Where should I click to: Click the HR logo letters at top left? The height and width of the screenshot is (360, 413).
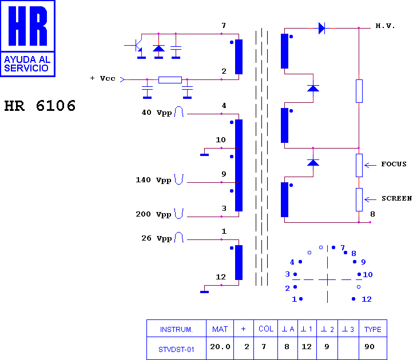point(27,26)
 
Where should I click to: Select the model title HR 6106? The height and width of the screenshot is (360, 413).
point(40,106)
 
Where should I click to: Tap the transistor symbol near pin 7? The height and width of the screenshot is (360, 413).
point(137,45)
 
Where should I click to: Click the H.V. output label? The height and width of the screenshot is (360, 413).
point(385,26)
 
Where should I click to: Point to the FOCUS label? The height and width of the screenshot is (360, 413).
point(394,164)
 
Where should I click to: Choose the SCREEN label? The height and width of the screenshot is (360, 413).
point(396,198)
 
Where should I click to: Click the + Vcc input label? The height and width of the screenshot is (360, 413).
point(103,78)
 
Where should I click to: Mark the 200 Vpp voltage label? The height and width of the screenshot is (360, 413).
point(153,214)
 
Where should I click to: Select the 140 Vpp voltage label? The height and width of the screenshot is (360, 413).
point(153,180)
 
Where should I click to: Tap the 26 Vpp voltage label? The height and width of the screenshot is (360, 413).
point(157,238)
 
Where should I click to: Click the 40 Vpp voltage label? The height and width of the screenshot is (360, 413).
point(157,113)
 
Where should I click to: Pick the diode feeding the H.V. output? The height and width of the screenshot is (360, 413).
point(322,28)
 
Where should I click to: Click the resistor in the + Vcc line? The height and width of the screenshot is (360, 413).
point(170,80)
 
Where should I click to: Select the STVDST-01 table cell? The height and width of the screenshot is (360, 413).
point(176,350)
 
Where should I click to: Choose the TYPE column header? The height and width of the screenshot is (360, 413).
point(373,329)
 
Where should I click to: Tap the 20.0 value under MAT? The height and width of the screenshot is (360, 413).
point(220,347)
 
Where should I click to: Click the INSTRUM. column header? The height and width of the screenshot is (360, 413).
point(176,329)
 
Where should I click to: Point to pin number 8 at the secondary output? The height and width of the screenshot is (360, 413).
point(372,214)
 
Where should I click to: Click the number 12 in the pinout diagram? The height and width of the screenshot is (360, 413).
point(367,299)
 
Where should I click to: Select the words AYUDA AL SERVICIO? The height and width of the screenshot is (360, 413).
point(27,64)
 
